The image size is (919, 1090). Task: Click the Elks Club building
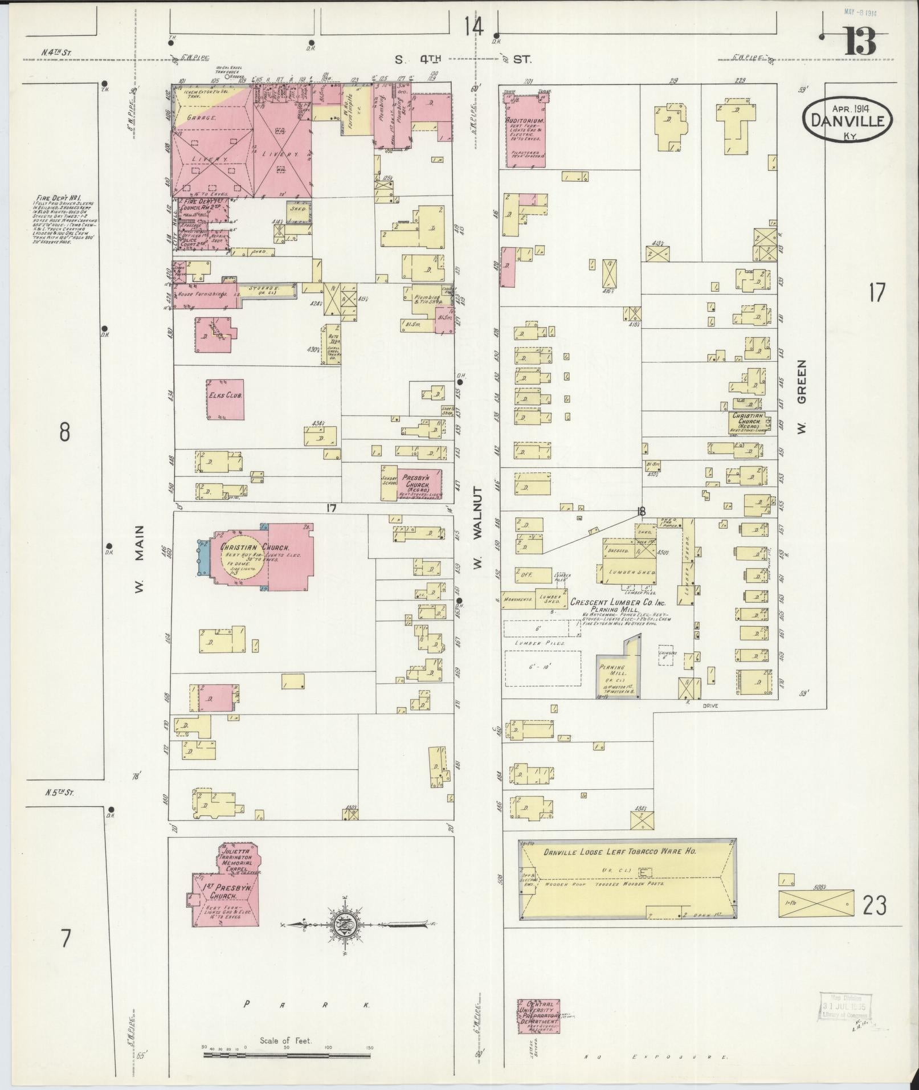click(x=226, y=399)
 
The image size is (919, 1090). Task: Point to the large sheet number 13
click(x=860, y=41)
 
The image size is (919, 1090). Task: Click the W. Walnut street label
click(x=477, y=528)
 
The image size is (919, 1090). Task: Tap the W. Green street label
click(x=802, y=398)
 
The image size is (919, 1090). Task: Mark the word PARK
click(x=307, y=1005)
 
